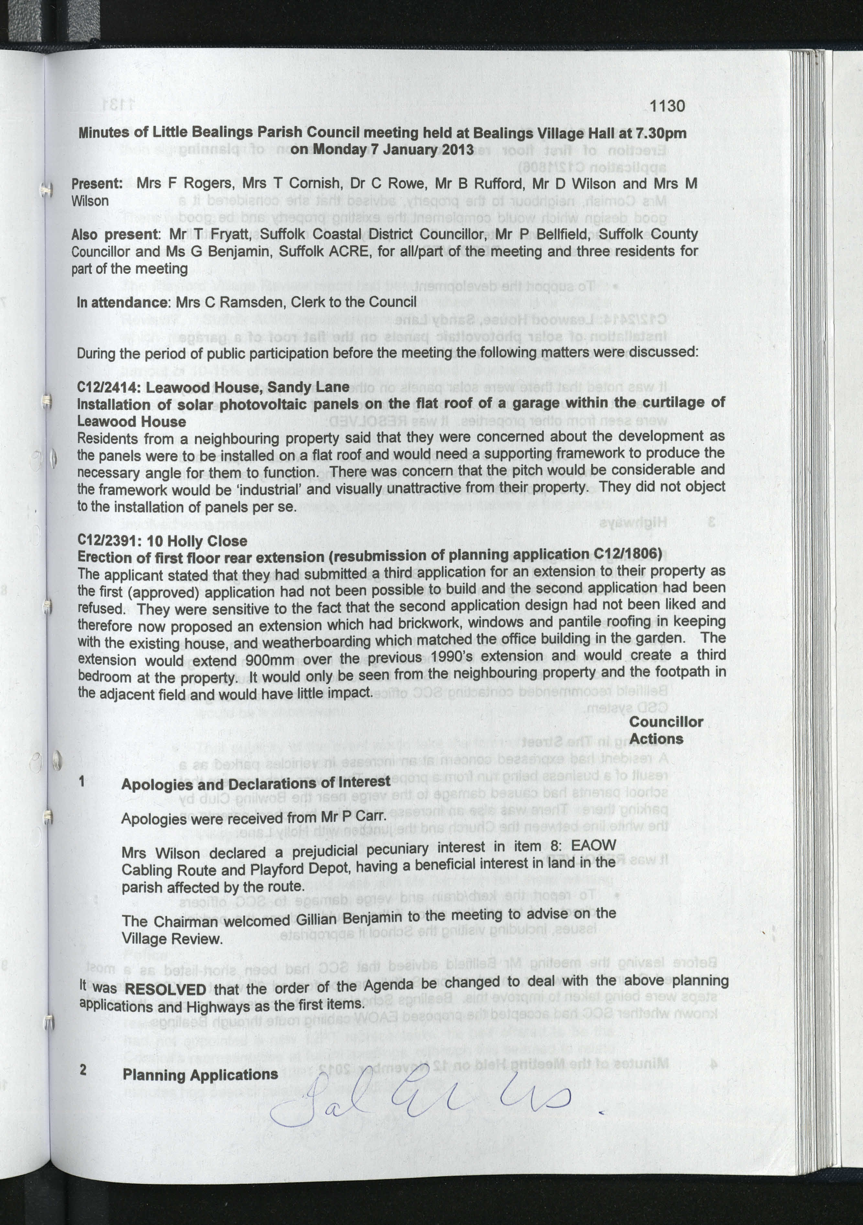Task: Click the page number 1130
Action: coord(667,106)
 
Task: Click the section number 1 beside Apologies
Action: coord(82,782)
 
